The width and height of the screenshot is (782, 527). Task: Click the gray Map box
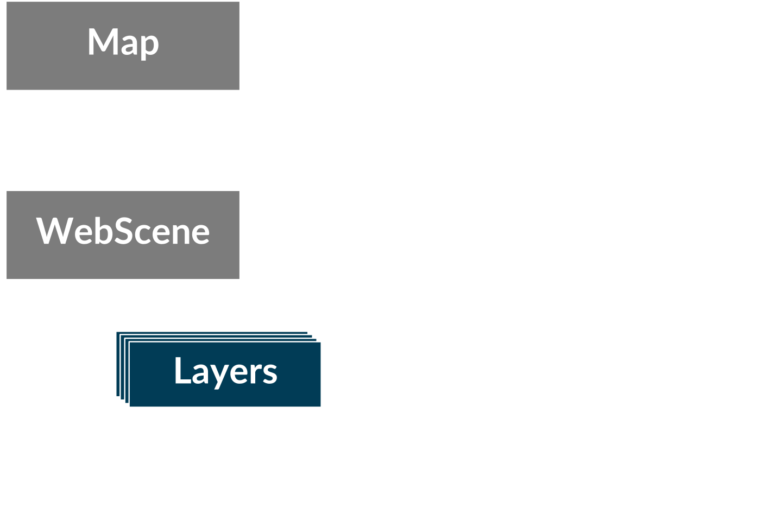[x=123, y=46]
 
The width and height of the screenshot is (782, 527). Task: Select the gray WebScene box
[x=123, y=235]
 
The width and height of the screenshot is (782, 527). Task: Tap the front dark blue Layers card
[x=225, y=374]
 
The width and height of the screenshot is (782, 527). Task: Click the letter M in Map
[x=102, y=41]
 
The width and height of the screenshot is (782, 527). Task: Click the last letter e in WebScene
[x=201, y=234]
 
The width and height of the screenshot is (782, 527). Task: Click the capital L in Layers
[x=182, y=370]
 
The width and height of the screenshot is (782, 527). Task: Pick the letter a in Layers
[x=200, y=374]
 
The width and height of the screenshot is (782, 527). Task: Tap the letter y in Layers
[x=220, y=377]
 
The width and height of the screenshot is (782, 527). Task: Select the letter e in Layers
[x=241, y=374]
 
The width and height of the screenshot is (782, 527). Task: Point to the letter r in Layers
[x=258, y=374]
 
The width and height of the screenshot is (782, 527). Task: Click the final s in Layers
[x=271, y=374]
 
